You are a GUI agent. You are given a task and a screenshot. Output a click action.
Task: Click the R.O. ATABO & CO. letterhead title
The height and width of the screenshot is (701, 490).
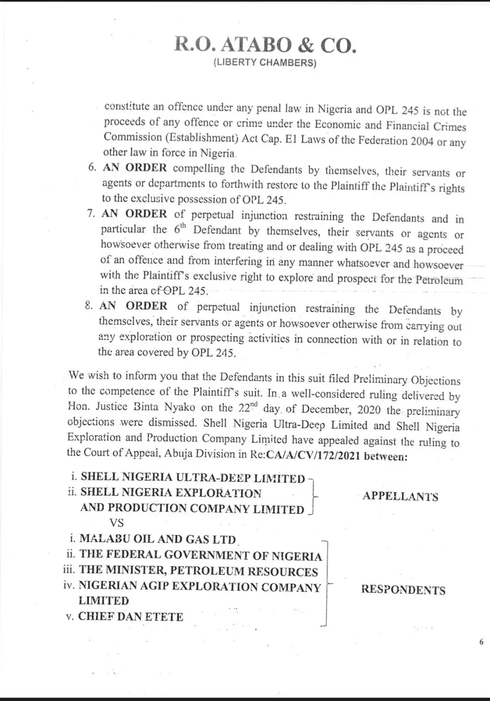coord(265,46)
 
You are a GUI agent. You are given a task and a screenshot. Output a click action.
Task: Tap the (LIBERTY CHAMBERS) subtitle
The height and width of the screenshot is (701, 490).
coord(265,63)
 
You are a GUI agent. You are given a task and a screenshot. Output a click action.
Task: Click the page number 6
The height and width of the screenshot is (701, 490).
coord(481,642)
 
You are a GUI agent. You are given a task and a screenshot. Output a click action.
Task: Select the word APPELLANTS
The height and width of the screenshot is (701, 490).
coord(400,497)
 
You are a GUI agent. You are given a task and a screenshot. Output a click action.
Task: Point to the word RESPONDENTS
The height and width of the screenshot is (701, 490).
coord(403,590)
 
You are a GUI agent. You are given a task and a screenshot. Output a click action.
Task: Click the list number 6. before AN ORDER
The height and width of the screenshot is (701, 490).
coord(92,167)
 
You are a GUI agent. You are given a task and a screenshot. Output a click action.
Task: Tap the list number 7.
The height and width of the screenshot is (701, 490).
coord(91,214)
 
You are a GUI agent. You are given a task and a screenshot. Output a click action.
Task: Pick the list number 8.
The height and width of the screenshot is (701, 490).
coord(89,306)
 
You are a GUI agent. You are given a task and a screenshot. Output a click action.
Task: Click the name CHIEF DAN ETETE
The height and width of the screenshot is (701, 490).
coord(131,617)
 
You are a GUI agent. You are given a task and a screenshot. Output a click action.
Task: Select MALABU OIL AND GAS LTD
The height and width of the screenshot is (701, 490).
coord(158,539)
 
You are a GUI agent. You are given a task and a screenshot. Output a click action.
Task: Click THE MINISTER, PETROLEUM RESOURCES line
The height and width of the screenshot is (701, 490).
coord(198,571)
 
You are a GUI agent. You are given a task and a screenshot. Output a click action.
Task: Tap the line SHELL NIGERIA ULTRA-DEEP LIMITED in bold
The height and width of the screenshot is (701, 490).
coord(193,478)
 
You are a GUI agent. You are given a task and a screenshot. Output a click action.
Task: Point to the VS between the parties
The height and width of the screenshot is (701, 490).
coord(116,523)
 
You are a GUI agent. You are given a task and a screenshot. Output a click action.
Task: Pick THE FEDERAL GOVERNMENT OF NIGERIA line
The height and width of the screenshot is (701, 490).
coord(200,555)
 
